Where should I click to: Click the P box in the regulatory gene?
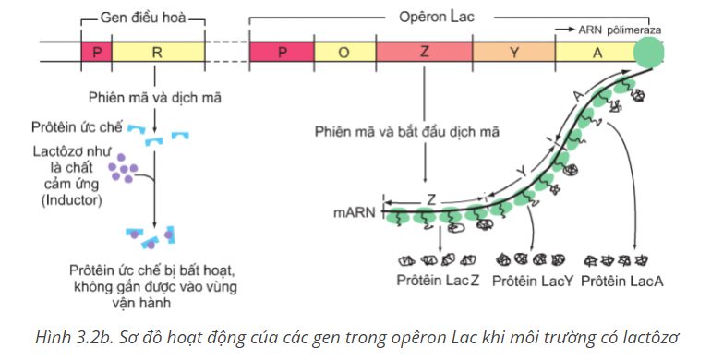pos(97,52)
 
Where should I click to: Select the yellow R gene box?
pos(158,52)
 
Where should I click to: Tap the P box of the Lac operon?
pos(282,52)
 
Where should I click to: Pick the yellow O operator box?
pos(344,52)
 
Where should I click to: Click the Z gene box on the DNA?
pos(424,52)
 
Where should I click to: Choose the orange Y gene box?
pos(513,52)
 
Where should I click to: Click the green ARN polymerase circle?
pos(648,52)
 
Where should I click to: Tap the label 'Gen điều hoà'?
pos(143,18)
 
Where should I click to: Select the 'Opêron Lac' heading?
pos(436,18)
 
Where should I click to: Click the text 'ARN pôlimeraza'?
pos(620,30)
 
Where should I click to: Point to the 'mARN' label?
pos(355,212)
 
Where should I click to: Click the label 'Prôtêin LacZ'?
pos(438,281)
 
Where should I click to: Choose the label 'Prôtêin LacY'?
pos(533,282)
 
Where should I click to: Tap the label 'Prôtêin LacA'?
pos(621,282)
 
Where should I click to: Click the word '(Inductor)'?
pos(72,200)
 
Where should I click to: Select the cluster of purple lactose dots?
pos(123,168)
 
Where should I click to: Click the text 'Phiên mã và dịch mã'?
pos(154,98)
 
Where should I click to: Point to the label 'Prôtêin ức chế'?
pos(77,127)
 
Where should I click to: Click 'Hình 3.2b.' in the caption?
pos(71,338)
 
